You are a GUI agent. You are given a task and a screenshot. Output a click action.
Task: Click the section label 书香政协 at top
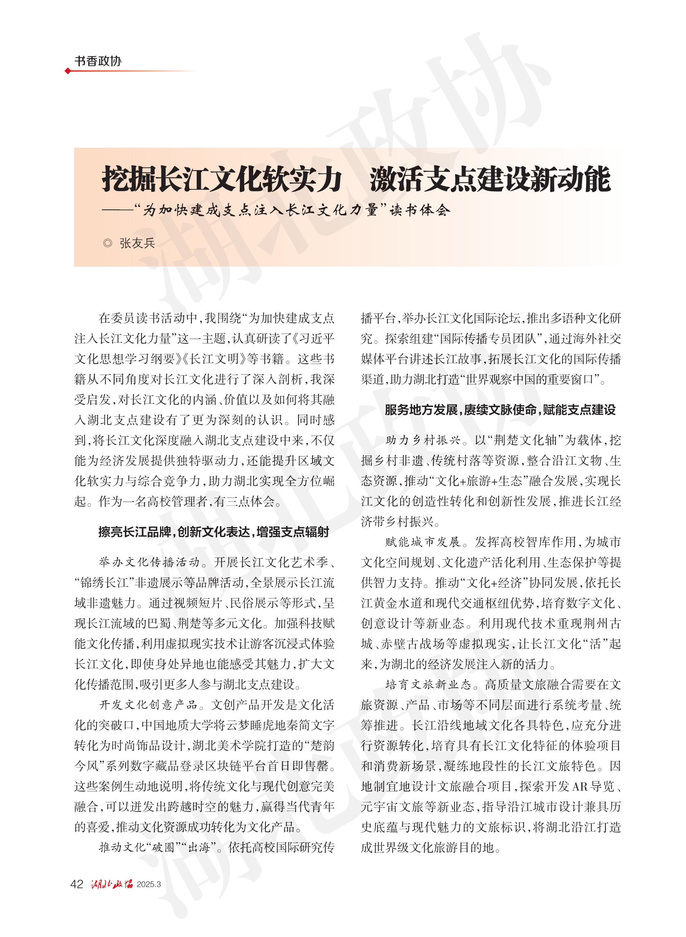pos(98,61)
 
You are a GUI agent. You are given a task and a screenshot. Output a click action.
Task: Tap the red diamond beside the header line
pos(67,71)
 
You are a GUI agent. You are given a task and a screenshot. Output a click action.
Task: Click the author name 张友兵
pos(137,243)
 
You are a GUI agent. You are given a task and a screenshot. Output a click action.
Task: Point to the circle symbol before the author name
pos(108,243)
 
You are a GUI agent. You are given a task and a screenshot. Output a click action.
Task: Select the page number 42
pos(77,884)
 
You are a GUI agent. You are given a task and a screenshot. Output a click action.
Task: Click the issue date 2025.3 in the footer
pos(148,884)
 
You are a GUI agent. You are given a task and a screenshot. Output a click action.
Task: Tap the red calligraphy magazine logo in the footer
pos(112,884)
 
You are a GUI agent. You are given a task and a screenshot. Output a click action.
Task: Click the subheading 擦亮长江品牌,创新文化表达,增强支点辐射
pos(214,532)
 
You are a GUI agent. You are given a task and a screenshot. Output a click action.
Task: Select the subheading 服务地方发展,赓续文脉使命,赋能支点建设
pos(500,410)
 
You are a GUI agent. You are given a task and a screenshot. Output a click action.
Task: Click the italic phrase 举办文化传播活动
pos(149,562)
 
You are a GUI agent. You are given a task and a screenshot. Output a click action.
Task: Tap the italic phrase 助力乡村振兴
pos(423,440)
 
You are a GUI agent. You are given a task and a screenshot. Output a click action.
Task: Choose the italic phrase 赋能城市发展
pos(423,542)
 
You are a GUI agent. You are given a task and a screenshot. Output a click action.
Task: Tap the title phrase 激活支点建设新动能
pos(490,180)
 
